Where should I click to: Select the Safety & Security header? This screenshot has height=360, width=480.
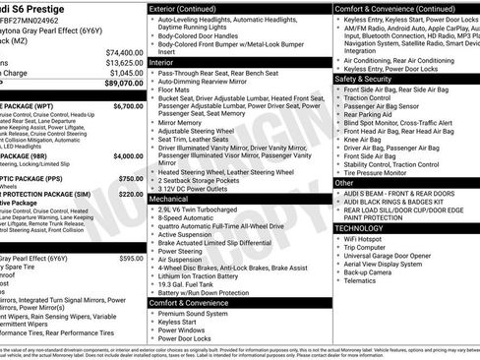370,79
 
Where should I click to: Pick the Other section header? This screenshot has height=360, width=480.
345,182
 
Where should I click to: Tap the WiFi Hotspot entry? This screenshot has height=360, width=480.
370,239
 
